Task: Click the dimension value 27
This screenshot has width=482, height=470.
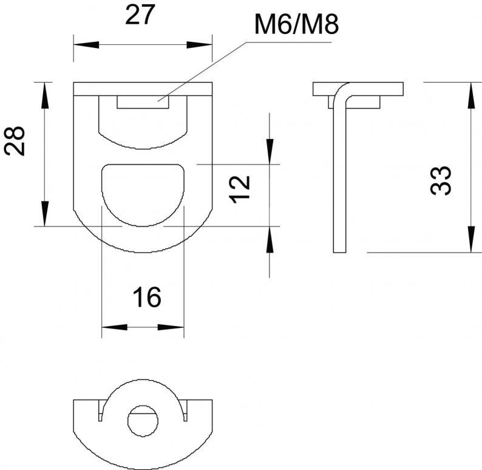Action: pos(139,15)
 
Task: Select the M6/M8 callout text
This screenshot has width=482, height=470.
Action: pos(297,24)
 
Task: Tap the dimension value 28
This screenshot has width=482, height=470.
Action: pos(15,141)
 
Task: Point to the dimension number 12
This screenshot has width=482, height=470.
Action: pos(239,189)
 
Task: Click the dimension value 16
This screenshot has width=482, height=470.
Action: pos(147,298)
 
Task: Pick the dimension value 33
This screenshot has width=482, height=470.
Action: pos(441,180)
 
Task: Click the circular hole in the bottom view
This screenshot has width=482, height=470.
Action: pos(143,421)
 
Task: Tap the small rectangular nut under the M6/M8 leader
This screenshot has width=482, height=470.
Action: pos(143,102)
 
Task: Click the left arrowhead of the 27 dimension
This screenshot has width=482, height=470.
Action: pos(86,45)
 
